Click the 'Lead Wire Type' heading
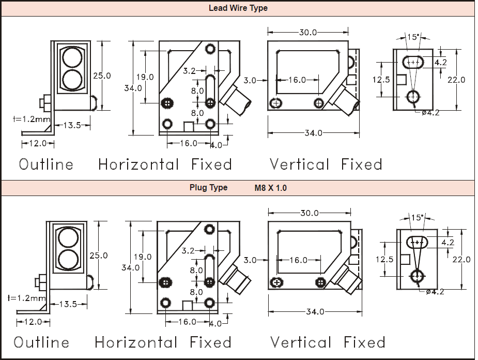(x=238, y=8)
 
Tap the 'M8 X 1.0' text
(x=270, y=188)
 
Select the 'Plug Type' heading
(x=208, y=187)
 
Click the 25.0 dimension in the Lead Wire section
(x=102, y=76)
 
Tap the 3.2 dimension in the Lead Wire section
(x=189, y=71)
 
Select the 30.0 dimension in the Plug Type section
(x=310, y=213)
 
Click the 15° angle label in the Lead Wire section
(x=412, y=37)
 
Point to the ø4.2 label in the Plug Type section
(x=435, y=292)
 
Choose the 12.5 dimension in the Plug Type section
(x=384, y=259)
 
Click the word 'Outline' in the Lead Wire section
(x=46, y=164)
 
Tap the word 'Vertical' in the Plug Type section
(x=300, y=342)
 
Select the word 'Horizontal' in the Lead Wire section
(x=138, y=164)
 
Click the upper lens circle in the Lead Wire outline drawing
(x=72, y=57)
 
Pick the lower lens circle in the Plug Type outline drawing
(x=68, y=259)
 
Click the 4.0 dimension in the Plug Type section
(x=216, y=324)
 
